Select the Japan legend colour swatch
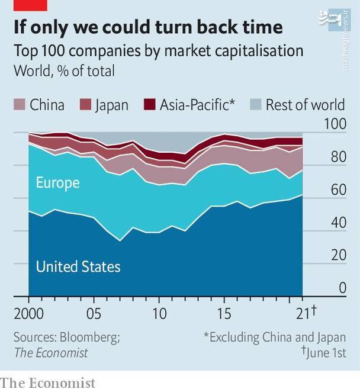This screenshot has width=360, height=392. click(86, 105)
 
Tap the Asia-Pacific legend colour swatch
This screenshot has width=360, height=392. click(150, 105)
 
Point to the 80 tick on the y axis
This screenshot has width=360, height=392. click(336, 158)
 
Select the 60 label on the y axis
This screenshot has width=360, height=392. click(336, 191)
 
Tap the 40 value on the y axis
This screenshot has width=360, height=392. click(336, 223)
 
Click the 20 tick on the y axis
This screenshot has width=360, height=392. click(336, 256)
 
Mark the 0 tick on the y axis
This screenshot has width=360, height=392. click(342, 288)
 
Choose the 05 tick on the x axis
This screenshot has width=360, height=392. click(94, 313)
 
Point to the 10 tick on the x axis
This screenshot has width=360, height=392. click(159, 313)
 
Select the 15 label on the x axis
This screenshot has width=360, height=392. click(224, 313)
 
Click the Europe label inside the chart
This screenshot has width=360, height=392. click(57, 182)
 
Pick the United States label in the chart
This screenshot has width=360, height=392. click(78, 267)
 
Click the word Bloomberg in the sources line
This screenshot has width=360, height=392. click(90, 338)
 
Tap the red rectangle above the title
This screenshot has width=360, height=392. click(30, 5)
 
